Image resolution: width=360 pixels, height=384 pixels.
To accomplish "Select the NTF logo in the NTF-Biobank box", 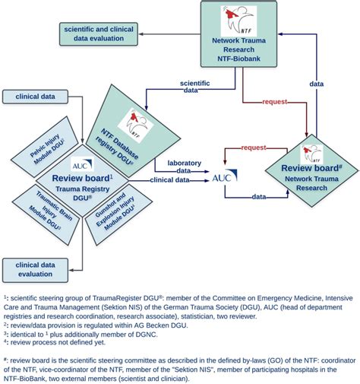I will (239, 17).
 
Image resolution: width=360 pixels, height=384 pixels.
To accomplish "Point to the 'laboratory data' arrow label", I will (190, 166).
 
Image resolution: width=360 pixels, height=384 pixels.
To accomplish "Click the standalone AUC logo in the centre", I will (221, 177).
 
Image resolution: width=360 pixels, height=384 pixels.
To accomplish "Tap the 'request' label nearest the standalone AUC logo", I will (253, 148).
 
